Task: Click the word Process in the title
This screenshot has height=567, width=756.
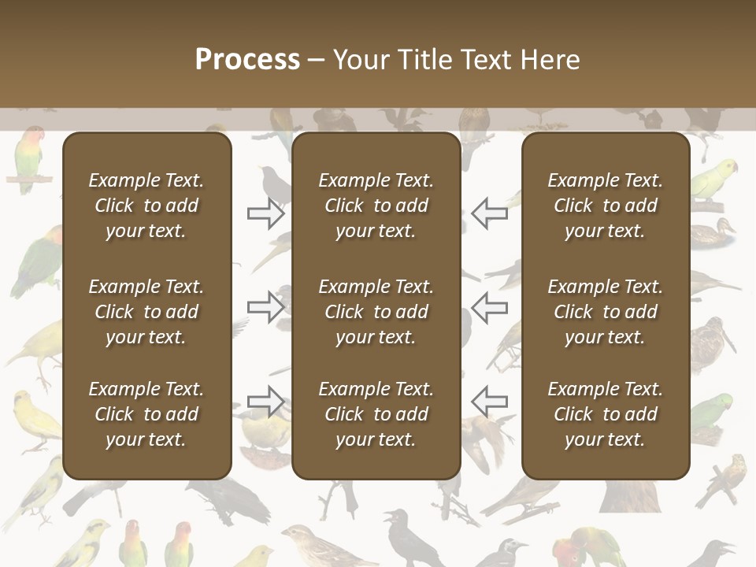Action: [247, 60]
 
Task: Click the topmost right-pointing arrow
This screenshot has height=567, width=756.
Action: [266, 213]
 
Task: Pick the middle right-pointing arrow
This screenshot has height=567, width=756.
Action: [266, 307]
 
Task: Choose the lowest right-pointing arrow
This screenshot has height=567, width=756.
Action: [266, 402]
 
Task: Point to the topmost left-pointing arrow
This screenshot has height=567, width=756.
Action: [489, 213]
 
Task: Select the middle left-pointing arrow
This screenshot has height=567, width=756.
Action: [489, 307]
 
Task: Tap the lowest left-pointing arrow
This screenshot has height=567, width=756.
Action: [489, 402]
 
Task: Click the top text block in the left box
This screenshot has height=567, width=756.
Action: [146, 206]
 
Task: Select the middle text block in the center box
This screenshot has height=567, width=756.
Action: [376, 312]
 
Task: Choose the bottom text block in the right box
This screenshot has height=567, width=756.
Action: [605, 414]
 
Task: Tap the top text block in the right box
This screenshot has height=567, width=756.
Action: [605, 206]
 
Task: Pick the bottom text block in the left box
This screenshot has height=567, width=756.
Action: [146, 414]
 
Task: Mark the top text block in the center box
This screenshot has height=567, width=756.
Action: [376, 206]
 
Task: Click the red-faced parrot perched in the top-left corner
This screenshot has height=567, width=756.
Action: [29, 157]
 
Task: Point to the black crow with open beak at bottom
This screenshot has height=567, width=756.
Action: [409, 539]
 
